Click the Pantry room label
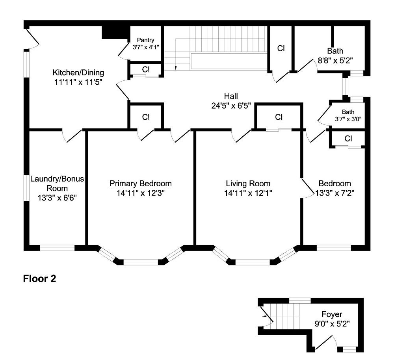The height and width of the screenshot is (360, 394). [145, 40]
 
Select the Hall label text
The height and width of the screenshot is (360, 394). [231, 96]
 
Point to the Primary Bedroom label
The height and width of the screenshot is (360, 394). [141, 184]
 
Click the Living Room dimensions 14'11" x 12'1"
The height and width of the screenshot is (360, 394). [248, 193]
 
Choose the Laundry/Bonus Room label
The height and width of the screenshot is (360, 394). [57, 183]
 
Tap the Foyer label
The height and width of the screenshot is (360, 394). [332, 314]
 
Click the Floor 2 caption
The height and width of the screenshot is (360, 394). [40, 279]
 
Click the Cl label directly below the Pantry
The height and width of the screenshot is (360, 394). [146, 69]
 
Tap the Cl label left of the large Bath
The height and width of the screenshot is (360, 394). [281, 48]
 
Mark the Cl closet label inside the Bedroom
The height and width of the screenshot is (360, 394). [348, 139]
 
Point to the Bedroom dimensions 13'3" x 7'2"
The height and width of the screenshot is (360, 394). [335, 193]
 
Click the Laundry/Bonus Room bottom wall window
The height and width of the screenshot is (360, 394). [58, 248]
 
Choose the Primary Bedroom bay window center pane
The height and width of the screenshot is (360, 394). [141, 262]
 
